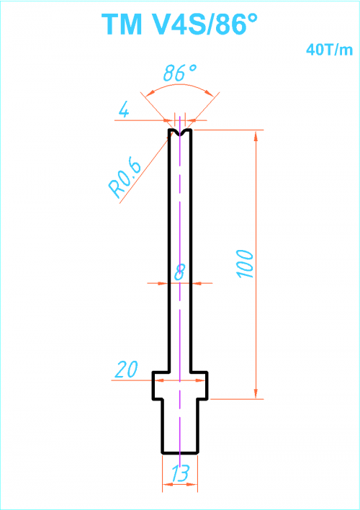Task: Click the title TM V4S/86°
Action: pyautogui.click(x=180, y=24)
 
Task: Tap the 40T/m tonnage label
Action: pyautogui.click(x=330, y=50)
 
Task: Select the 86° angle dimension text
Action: pyautogui.click(x=180, y=73)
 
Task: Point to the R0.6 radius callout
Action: pyautogui.click(x=125, y=179)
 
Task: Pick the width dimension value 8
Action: pyautogui.click(x=179, y=272)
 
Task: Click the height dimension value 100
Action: pyautogui.click(x=246, y=264)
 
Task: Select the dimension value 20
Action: pyautogui.click(x=127, y=369)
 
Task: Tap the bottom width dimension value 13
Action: pyautogui.click(x=180, y=473)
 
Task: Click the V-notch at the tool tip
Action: pyautogui.click(x=180, y=133)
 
